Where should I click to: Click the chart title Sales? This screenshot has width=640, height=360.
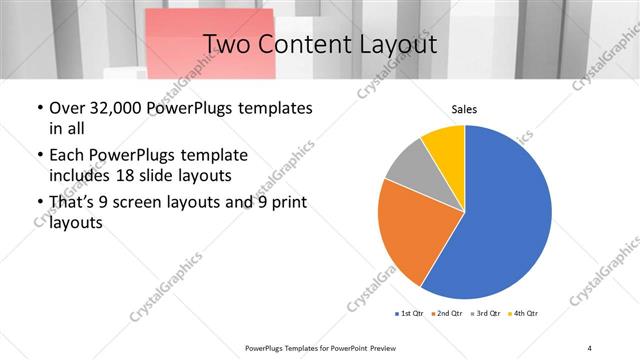[x=465, y=108]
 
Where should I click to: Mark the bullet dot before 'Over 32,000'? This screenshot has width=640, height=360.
[x=39, y=108]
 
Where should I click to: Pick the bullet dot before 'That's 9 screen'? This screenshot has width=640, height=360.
[x=39, y=203]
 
